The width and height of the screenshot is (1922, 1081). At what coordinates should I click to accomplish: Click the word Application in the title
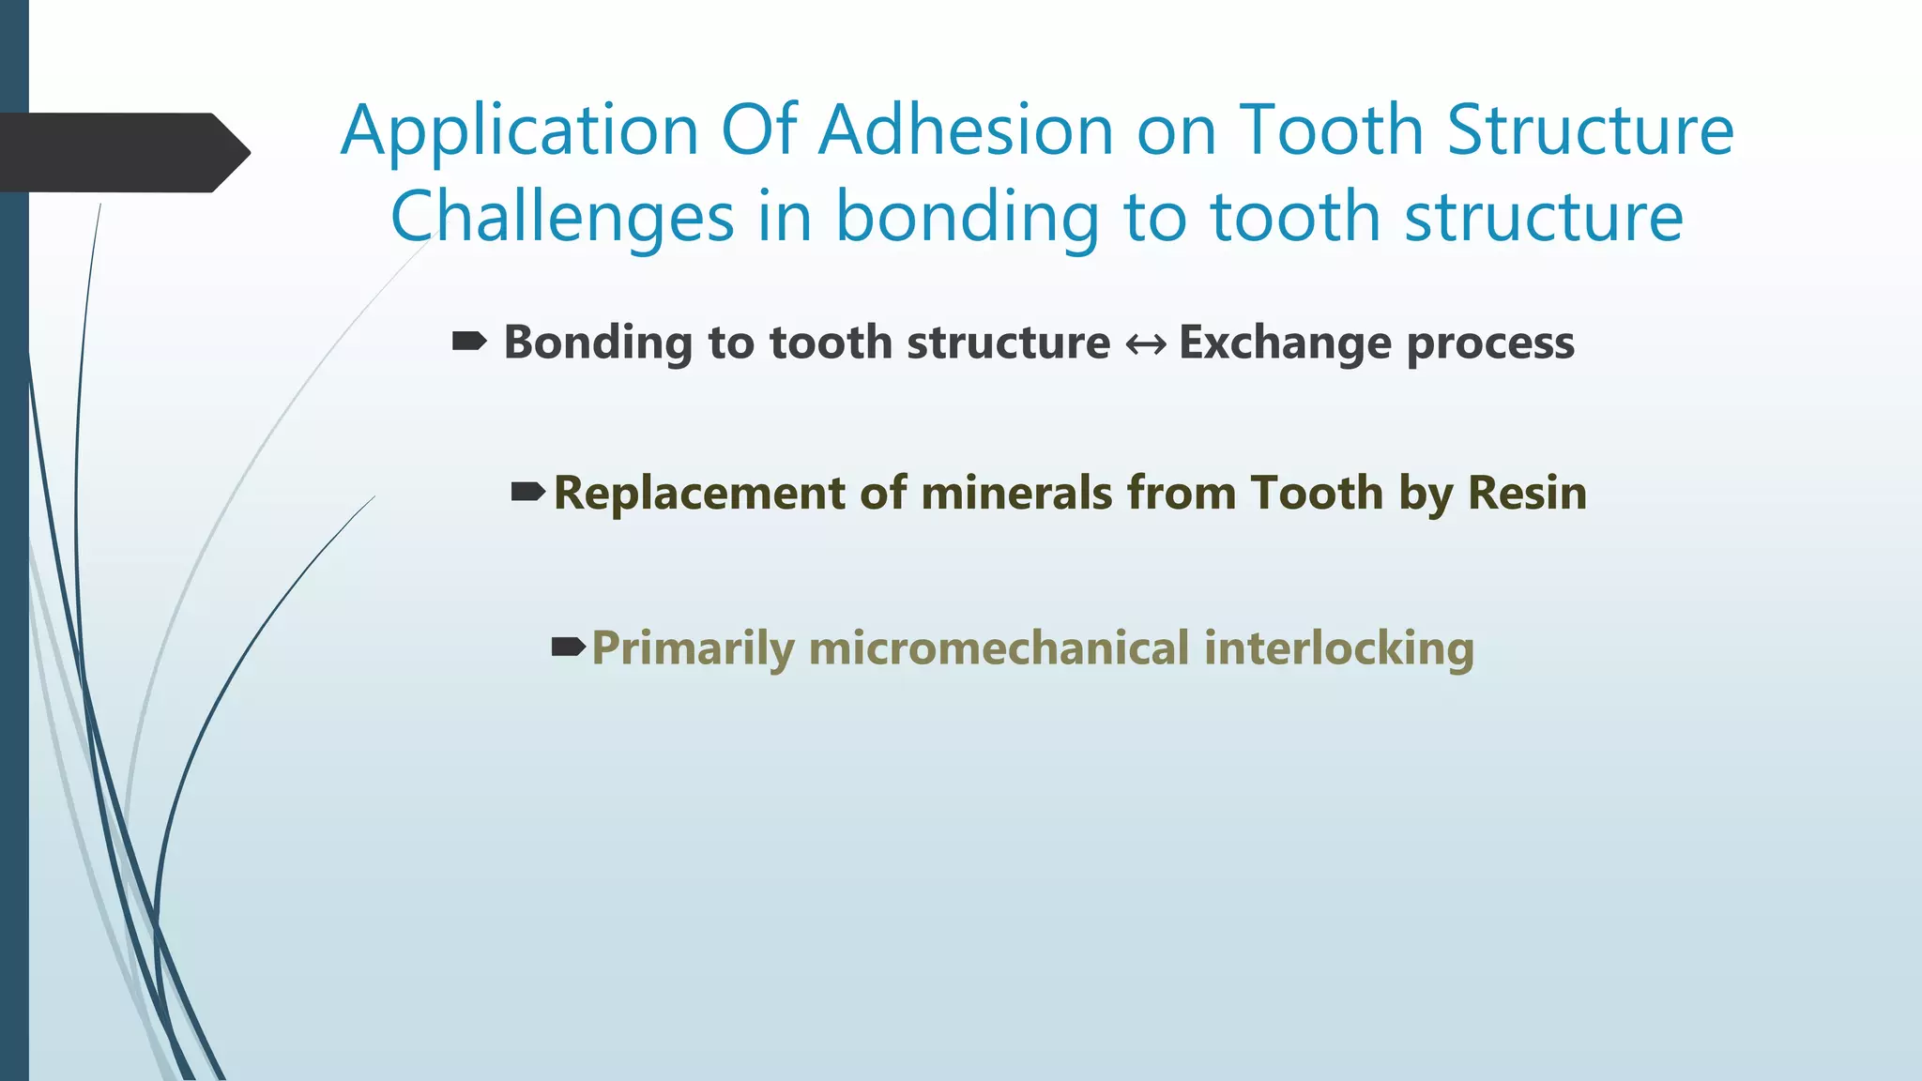point(520,130)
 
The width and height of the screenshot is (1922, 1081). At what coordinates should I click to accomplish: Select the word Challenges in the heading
point(561,218)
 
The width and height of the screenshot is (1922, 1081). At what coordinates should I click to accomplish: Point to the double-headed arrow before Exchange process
point(1145,345)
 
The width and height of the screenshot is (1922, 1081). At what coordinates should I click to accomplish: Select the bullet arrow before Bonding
point(469,342)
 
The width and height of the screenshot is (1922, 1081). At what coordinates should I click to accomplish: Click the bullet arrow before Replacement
point(527,492)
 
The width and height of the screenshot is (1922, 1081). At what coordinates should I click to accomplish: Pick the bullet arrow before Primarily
point(569,647)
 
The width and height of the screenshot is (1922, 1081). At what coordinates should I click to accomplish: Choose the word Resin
point(1527,494)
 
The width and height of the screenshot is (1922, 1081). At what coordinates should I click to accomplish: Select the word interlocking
point(1338,648)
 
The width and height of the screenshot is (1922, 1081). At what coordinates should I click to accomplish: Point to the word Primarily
point(693,648)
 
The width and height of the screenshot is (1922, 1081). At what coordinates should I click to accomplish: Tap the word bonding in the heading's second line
point(967,218)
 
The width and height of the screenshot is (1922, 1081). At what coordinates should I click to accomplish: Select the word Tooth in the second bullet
point(1317,494)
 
